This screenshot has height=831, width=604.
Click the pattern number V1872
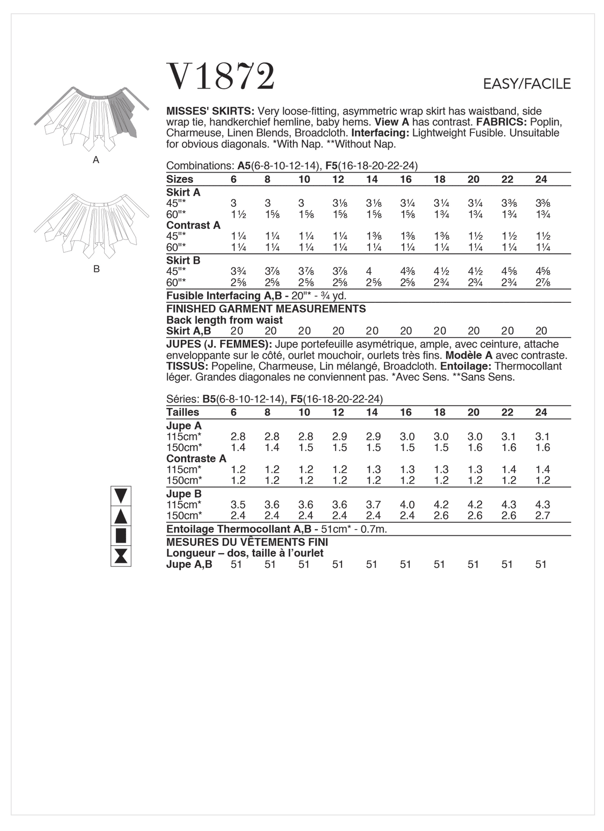[x=221, y=76]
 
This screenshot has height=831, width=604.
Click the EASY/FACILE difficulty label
[x=526, y=84]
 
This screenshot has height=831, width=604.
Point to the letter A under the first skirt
[x=96, y=160]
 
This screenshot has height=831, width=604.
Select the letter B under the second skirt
[x=96, y=269]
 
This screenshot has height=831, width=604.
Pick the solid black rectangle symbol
[x=121, y=536]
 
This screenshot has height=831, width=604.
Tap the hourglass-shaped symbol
[x=121, y=556]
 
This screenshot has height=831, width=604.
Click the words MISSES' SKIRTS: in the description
[x=210, y=111]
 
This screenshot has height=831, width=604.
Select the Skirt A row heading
[x=183, y=192]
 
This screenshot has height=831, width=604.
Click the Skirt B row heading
[x=183, y=260]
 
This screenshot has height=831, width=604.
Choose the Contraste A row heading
[x=196, y=458]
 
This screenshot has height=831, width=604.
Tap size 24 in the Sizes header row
[x=541, y=179]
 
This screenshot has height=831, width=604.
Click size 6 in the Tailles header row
[x=233, y=412]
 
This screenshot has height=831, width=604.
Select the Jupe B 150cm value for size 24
[x=543, y=516]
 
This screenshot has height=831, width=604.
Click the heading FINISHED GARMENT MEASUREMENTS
[x=266, y=309]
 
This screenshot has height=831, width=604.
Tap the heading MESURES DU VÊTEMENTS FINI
[x=247, y=542]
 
